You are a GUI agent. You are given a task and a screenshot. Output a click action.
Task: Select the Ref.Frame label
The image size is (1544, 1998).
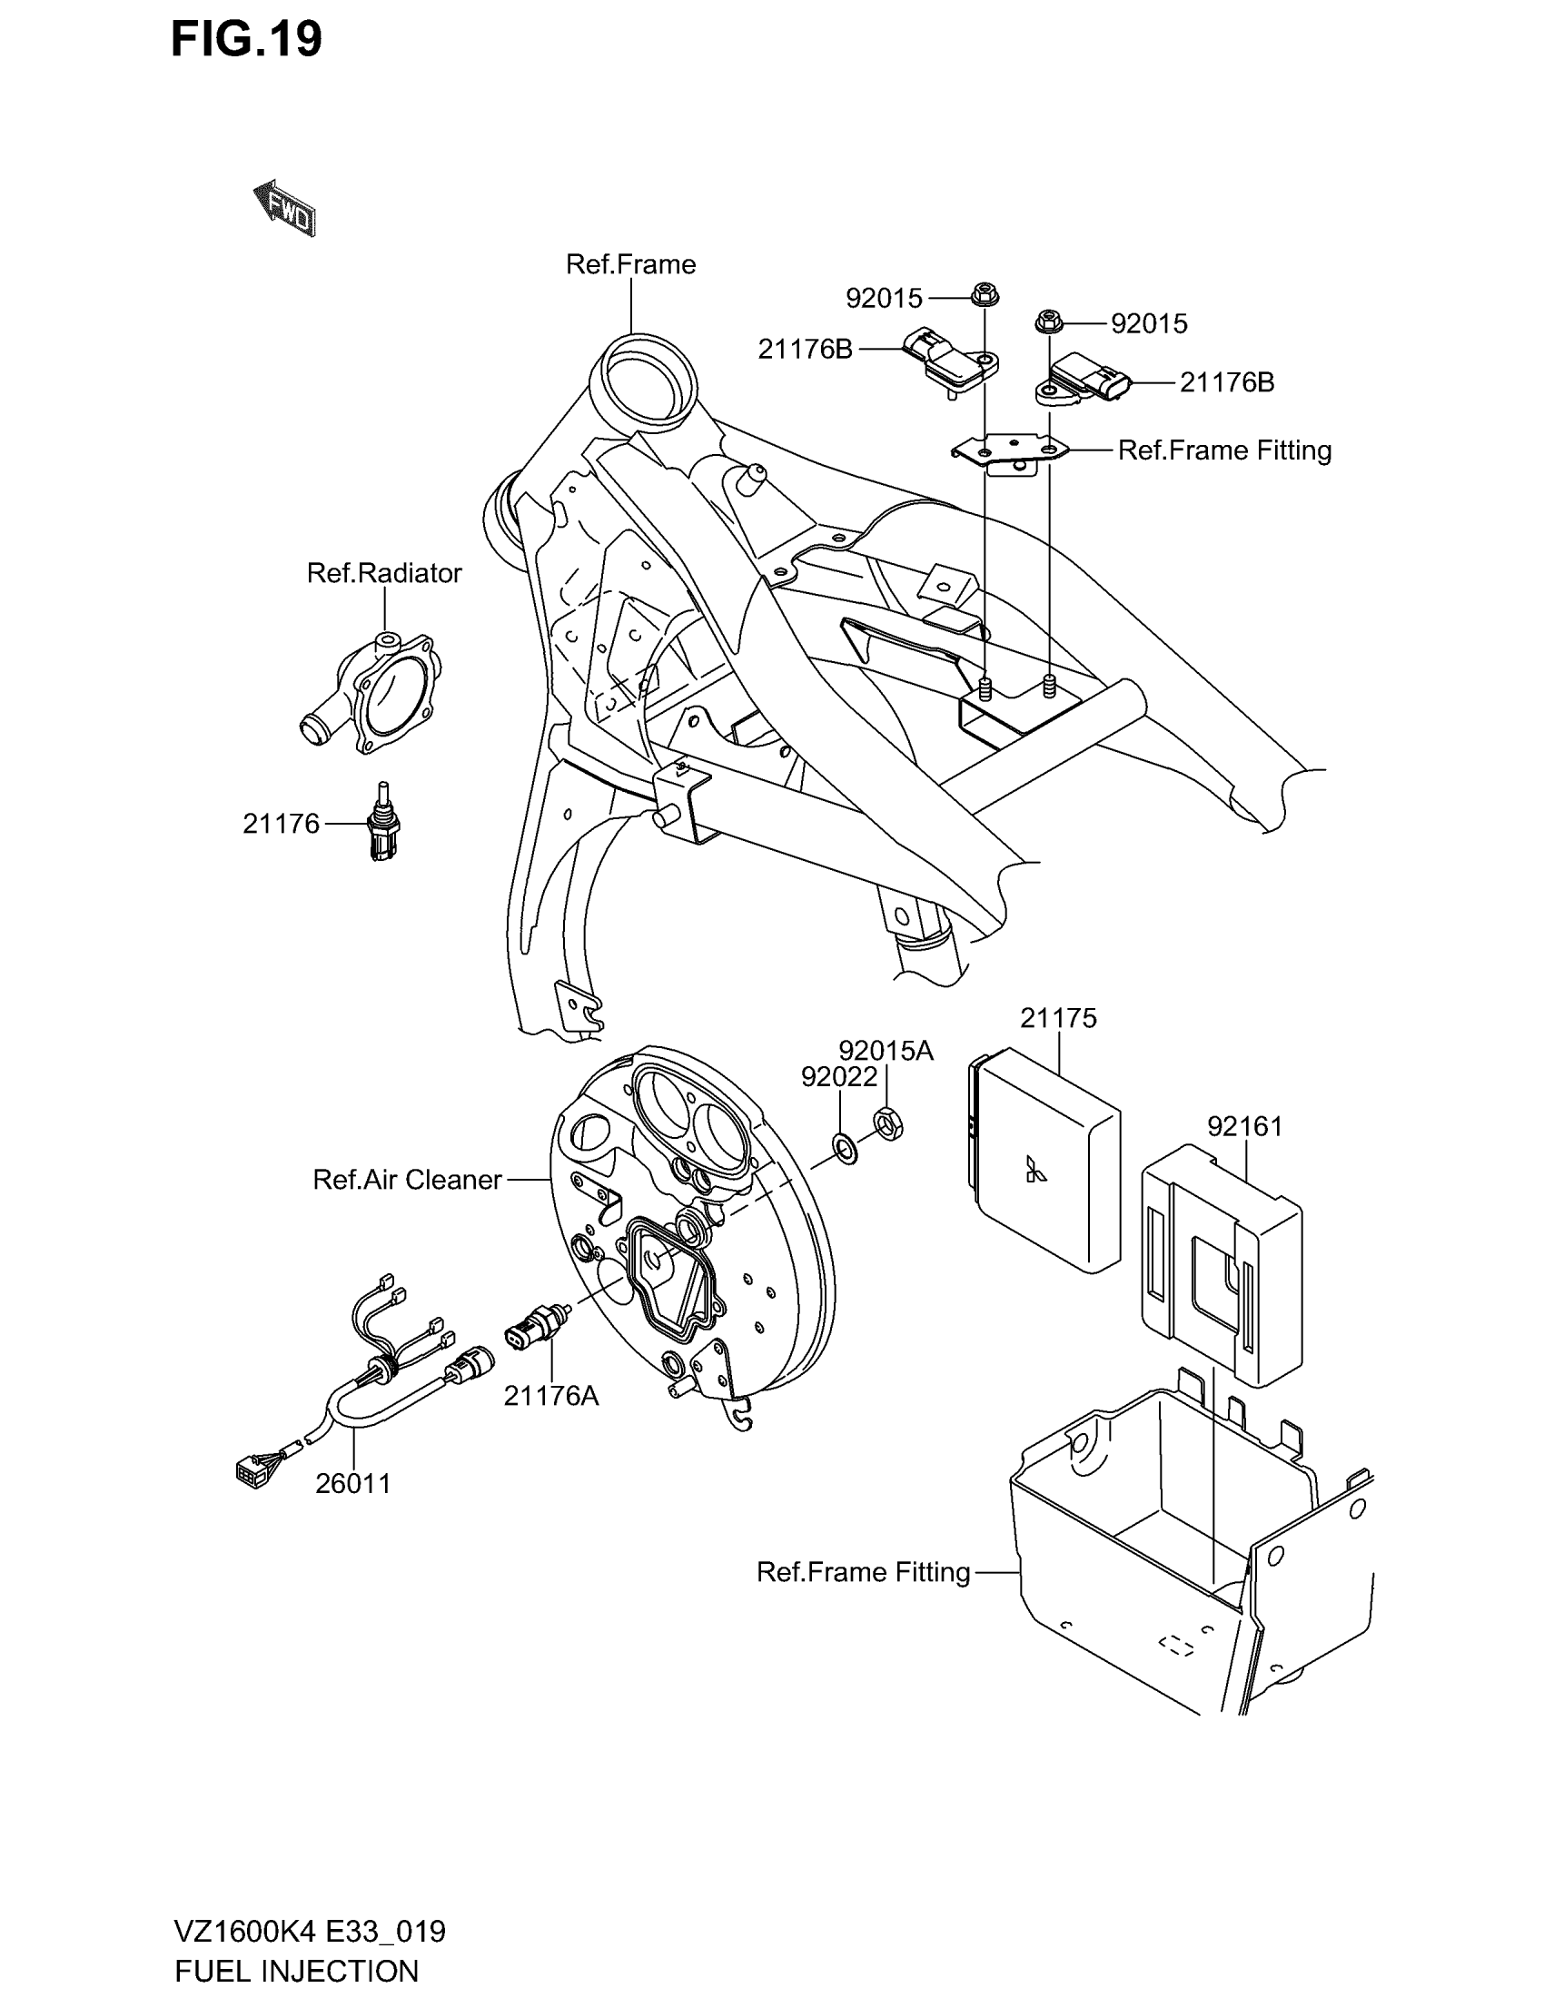[630, 264]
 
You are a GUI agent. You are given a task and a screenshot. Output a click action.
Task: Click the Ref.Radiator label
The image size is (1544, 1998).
[384, 573]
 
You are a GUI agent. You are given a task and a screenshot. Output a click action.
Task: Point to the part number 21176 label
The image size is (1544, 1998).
[281, 825]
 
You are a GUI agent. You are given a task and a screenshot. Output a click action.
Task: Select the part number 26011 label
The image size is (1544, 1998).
[353, 1483]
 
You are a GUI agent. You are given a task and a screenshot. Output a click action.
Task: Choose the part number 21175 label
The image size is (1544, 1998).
[1058, 1018]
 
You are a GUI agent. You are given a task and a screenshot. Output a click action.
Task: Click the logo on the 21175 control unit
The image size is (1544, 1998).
[1035, 1170]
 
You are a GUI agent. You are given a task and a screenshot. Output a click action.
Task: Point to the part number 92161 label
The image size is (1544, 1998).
[1245, 1126]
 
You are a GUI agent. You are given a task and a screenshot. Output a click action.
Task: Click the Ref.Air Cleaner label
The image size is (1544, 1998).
[407, 1179]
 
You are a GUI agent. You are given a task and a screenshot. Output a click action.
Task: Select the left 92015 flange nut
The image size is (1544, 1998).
[985, 295]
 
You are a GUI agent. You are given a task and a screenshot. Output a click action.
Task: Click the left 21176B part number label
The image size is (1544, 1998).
[805, 349]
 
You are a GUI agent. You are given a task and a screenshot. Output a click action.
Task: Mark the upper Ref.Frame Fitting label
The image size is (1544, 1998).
[1225, 450]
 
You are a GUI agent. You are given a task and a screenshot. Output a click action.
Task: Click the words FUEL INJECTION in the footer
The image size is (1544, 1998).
[296, 1970]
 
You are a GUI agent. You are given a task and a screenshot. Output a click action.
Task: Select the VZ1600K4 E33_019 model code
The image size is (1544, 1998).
[310, 1931]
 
